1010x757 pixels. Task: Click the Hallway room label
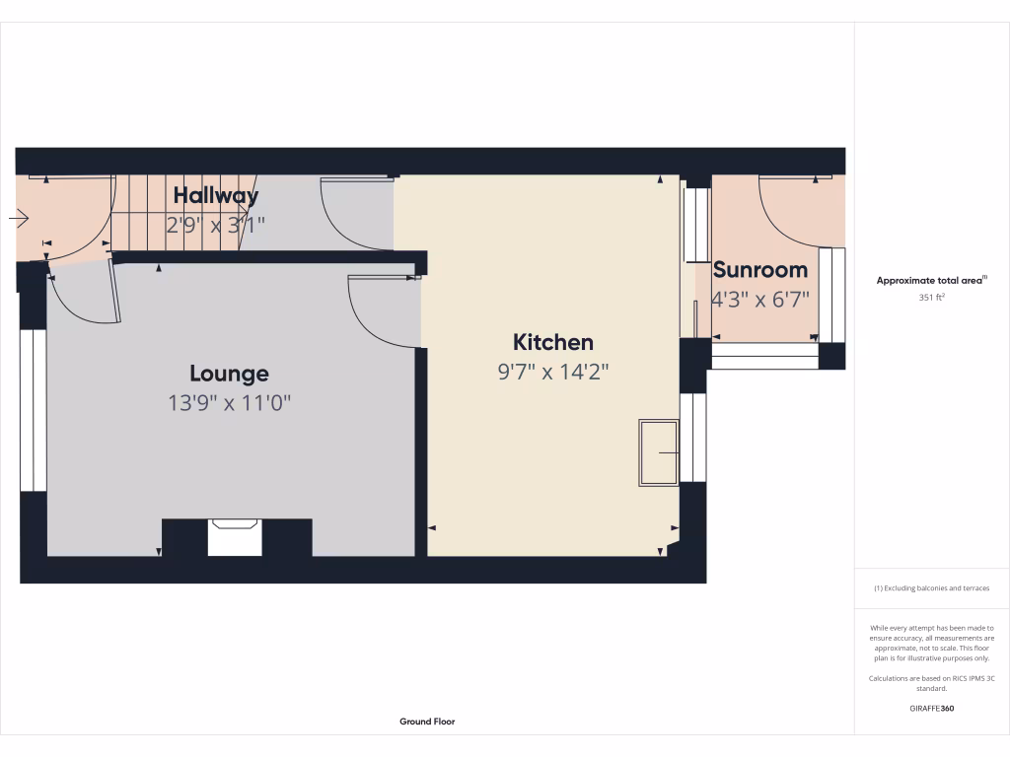[x=215, y=195]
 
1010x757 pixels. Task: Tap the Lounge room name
[x=229, y=374]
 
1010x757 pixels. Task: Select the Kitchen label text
[x=553, y=342]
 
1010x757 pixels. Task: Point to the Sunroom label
[x=759, y=269]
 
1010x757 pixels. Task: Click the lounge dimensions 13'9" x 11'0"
[x=229, y=402]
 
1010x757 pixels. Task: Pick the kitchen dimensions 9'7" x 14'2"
[x=553, y=372]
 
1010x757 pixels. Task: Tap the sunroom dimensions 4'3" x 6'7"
[x=760, y=299]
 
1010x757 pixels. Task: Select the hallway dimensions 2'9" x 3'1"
[x=215, y=225]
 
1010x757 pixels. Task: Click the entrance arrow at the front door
[x=20, y=219]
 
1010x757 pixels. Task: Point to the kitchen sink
[x=658, y=452]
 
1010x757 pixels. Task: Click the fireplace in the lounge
[x=235, y=538]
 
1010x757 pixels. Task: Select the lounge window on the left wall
[x=33, y=409]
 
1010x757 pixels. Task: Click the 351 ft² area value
[x=932, y=296]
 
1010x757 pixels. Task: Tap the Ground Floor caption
[x=427, y=722]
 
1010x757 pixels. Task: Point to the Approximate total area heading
[x=931, y=281]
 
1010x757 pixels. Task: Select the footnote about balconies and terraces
[x=931, y=588]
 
